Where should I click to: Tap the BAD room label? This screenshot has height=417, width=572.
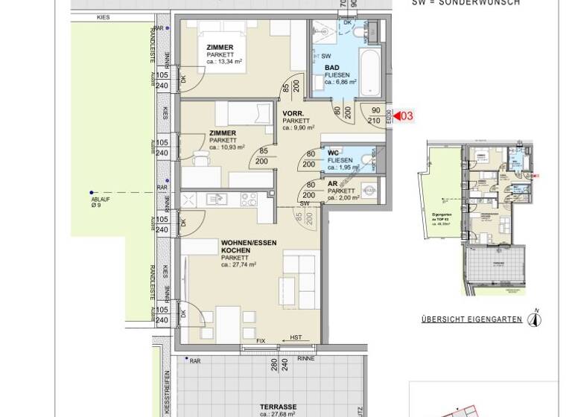coord(331,68)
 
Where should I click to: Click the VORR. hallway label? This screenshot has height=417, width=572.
coord(292,113)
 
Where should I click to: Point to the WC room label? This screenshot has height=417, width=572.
coord(334,153)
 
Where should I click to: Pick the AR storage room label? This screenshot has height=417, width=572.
coord(332,184)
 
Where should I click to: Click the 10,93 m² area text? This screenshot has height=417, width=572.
coord(226,147)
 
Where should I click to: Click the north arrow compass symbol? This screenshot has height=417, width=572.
coord(534,319)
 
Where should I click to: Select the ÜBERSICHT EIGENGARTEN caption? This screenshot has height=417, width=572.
coord(471,320)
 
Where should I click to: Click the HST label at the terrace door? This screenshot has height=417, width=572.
coord(296,337)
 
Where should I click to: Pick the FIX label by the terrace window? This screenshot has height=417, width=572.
coord(260,342)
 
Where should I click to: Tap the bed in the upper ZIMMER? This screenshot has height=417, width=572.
coord(223,31)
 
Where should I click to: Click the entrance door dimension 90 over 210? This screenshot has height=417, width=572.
coord(375,115)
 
